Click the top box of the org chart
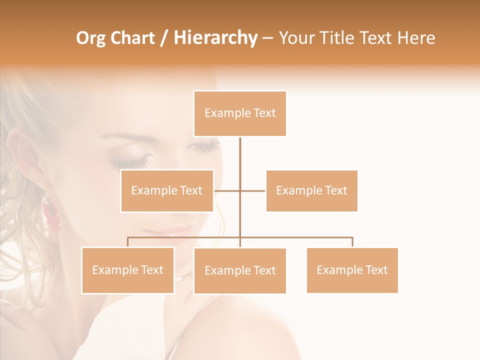pyautogui.click(x=240, y=113)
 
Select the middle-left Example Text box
pyautogui.click(x=167, y=190)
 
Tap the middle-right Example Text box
pyautogui.click(x=311, y=190)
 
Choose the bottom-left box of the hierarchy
pyautogui.click(x=128, y=270)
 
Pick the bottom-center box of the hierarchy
pyautogui.click(x=240, y=270)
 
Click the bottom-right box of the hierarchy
pyautogui.click(x=352, y=270)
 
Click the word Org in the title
pyautogui.click(x=89, y=38)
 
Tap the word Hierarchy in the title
pyautogui.click(x=215, y=38)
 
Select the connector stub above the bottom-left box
pyautogui.click(x=128, y=242)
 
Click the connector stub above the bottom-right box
pyautogui.click(x=352, y=242)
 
